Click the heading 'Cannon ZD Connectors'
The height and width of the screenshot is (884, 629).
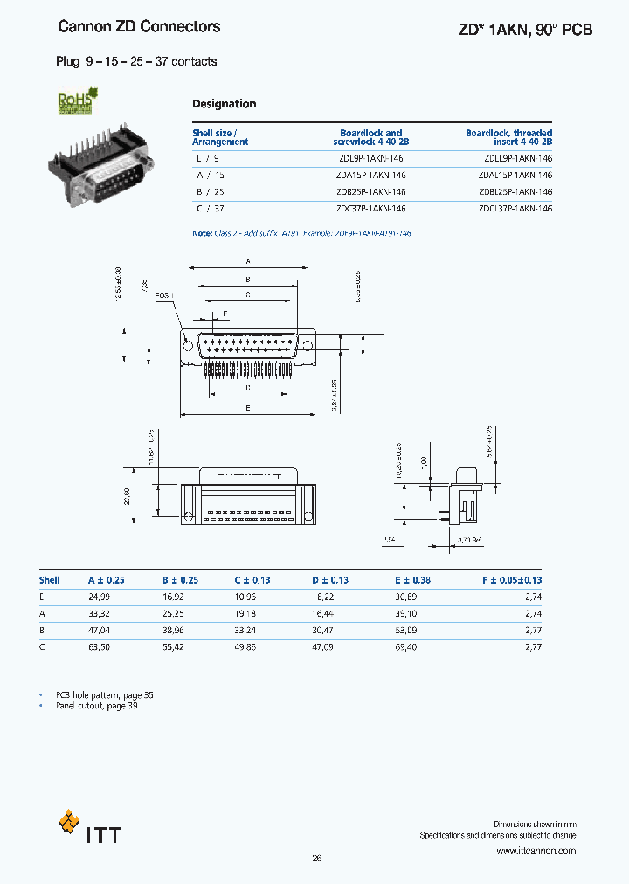click(x=139, y=27)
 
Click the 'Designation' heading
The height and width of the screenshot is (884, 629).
click(x=225, y=104)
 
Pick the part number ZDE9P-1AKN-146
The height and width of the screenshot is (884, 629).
click(x=370, y=159)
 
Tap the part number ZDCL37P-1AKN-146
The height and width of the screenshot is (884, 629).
click(x=515, y=208)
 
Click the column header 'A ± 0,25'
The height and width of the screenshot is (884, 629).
click(x=107, y=580)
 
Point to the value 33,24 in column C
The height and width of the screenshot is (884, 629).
click(x=245, y=630)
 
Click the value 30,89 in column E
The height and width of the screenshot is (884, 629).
click(x=405, y=597)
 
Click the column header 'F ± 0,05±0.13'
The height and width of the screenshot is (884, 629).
click(x=512, y=580)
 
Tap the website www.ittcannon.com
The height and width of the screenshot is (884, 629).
click(x=536, y=850)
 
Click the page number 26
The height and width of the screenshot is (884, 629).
click(x=316, y=858)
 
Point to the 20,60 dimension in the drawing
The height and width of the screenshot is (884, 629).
click(x=127, y=495)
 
